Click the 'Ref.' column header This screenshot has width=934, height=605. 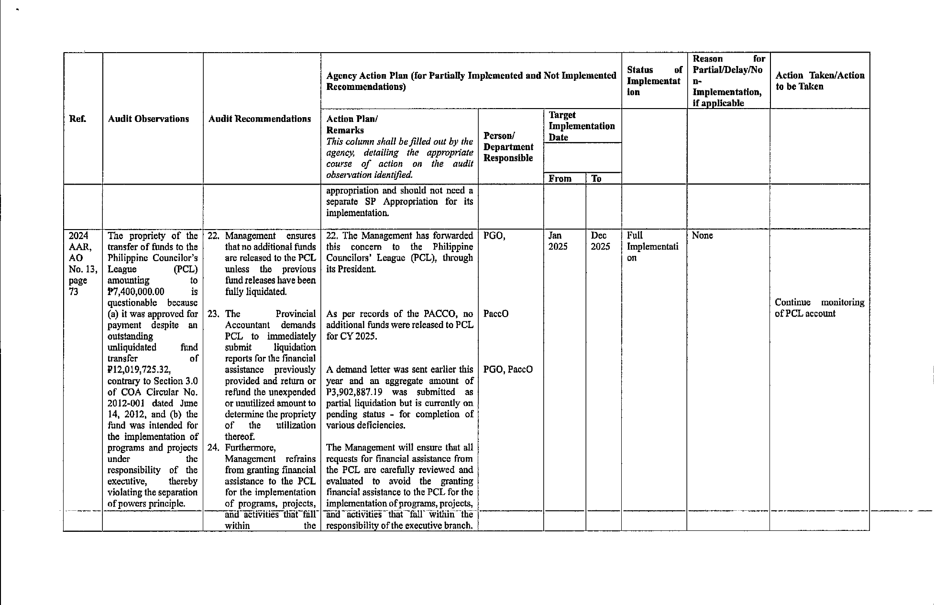(78, 119)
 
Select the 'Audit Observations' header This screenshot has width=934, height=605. (148, 119)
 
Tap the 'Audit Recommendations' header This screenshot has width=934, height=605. (260, 119)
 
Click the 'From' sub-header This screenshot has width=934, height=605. (560, 179)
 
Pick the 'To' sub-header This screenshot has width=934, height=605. (596, 179)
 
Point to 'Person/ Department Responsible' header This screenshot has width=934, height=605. (508, 147)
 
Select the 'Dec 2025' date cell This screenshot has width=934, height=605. (600, 241)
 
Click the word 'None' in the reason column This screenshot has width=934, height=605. (702, 236)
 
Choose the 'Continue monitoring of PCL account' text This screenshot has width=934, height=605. (819, 308)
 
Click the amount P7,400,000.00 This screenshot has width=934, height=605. (136, 292)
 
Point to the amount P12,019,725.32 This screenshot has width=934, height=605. (139, 370)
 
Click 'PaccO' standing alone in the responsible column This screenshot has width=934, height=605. (496, 314)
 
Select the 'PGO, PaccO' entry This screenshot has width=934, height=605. (508, 370)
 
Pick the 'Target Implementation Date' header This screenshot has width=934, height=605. (582, 126)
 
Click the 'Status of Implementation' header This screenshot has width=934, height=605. (653, 81)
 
